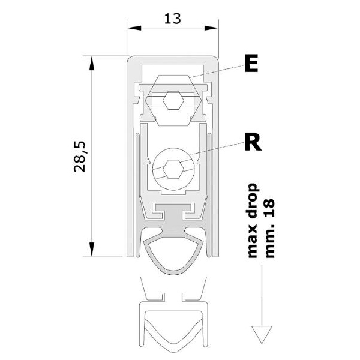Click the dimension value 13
(x=173, y=19)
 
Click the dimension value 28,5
(x=80, y=157)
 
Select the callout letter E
(x=251, y=64)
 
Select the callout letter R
(x=253, y=142)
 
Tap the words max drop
(x=253, y=220)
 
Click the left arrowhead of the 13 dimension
(x=134, y=28)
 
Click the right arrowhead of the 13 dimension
(x=211, y=28)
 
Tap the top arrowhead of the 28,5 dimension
(x=92, y=63)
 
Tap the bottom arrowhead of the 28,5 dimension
(x=92, y=250)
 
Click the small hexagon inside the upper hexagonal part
(x=173, y=101)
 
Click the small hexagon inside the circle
(x=173, y=169)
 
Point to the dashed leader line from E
(x=217, y=71)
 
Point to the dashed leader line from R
(x=217, y=149)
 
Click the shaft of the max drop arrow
(x=262, y=295)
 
